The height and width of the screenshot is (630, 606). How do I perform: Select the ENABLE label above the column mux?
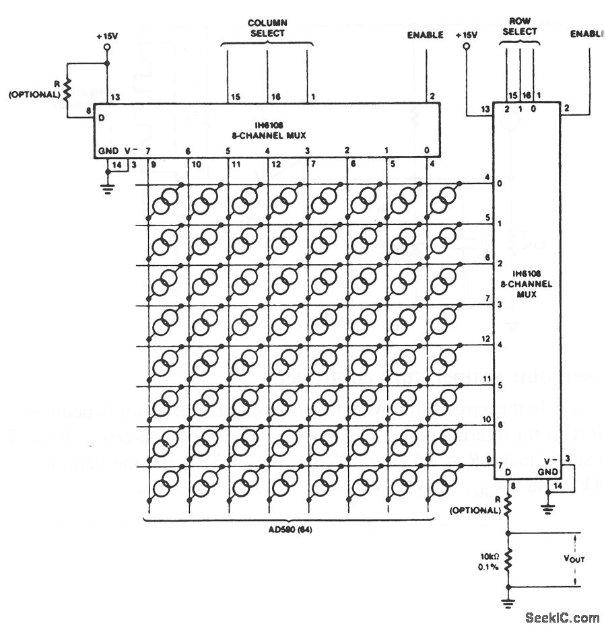[426, 34]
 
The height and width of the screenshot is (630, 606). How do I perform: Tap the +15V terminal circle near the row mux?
[467, 49]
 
